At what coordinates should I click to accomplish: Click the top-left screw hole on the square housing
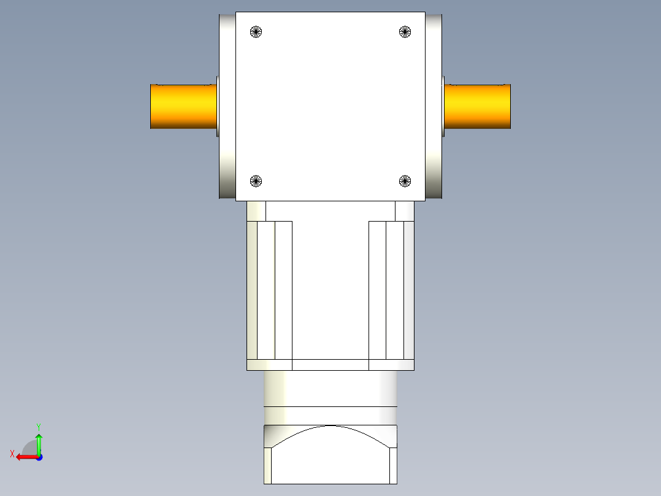tap(256, 31)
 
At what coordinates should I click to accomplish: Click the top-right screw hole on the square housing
tap(405, 31)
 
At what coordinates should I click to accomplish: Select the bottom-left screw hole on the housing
tap(256, 181)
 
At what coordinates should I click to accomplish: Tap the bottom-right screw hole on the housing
tap(405, 180)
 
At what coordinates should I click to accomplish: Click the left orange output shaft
tap(183, 106)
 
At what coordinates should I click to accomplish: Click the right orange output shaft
tap(477, 106)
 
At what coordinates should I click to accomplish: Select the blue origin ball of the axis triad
tap(39, 457)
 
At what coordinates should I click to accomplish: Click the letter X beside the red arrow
tap(12, 454)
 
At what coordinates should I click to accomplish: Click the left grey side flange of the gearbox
tap(227, 106)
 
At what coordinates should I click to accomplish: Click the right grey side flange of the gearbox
tap(434, 106)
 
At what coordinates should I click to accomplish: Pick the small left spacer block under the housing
tap(256, 211)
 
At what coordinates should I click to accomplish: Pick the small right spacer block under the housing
tap(405, 211)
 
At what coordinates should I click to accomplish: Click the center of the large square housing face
tap(330, 106)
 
